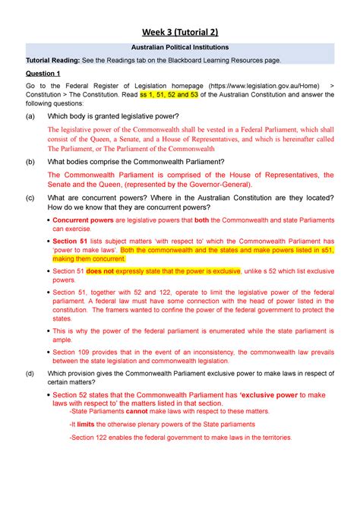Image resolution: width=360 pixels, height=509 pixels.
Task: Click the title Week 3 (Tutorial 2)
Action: pos(179,32)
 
